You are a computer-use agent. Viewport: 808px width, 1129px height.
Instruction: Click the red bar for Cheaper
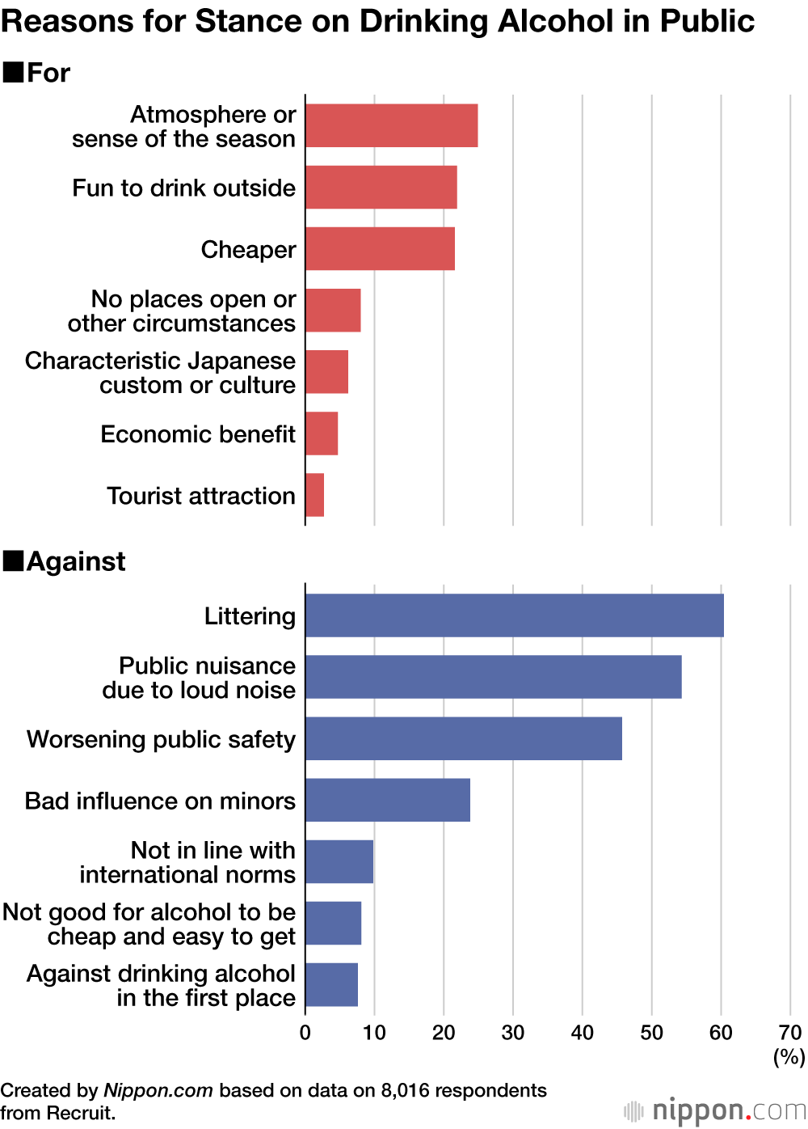coord(380,248)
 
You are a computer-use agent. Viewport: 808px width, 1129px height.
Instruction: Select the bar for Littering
coord(514,615)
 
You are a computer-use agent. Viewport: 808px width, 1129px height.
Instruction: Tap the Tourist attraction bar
coord(315,495)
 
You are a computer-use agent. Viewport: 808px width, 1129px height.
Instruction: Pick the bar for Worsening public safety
coord(463,738)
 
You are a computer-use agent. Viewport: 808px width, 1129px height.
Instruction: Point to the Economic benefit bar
coord(322,433)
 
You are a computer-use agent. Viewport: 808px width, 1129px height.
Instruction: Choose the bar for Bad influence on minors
coord(388,800)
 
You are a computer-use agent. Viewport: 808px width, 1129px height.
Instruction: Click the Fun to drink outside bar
coord(381,187)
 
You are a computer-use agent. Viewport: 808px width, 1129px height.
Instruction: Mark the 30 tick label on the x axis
coord(513,1033)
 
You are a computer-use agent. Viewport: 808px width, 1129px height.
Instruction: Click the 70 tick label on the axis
coord(789,1033)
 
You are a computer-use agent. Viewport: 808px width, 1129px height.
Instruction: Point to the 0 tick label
coord(305,1033)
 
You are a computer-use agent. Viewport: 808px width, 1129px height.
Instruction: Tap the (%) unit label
coord(789,1056)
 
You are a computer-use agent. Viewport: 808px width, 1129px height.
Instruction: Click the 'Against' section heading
coord(76,561)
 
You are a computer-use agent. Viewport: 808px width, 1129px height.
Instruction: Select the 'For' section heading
coord(48,73)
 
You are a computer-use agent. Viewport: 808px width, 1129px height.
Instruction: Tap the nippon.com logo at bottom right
coord(715,1110)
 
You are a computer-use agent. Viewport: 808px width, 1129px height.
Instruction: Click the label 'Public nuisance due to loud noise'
coord(199,678)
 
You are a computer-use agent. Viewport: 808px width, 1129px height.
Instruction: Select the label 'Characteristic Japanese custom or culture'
coord(160,372)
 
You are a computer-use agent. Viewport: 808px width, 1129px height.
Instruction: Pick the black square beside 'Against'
coord(13,560)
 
